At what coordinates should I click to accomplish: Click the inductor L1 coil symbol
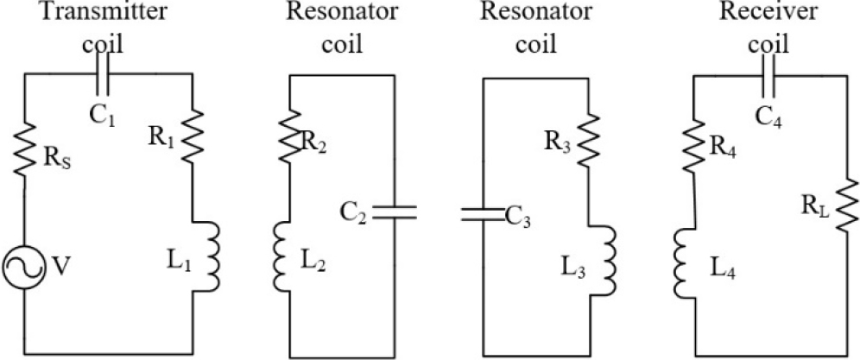pyautogui.click(x=213, y=256)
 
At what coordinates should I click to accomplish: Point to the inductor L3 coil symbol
pyautogui.click(x=610, y=262)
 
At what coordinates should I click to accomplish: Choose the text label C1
pyautogui.click(x=104, y=114)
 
